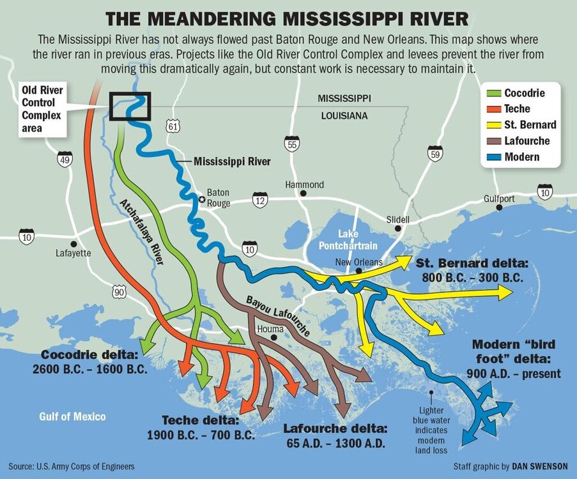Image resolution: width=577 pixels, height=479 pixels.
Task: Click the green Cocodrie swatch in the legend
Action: point(493,94)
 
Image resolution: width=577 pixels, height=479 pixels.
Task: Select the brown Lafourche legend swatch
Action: point(493,141)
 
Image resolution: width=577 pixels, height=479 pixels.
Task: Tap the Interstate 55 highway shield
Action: point(292,144)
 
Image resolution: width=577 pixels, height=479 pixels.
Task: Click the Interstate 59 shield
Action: point(436,153)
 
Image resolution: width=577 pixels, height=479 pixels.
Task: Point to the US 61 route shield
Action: point(172,126)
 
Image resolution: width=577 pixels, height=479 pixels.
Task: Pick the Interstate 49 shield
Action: point(65,159)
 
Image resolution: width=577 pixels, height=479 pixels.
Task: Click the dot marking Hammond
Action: point(304,193)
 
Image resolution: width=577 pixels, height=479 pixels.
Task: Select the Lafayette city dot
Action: point(74,243)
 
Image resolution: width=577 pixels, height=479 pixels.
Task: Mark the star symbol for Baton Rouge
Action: point(202,200)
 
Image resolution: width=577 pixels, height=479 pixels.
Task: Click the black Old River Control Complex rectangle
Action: point(130,106)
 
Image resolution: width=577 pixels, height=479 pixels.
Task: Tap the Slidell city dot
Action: point(397,228)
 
